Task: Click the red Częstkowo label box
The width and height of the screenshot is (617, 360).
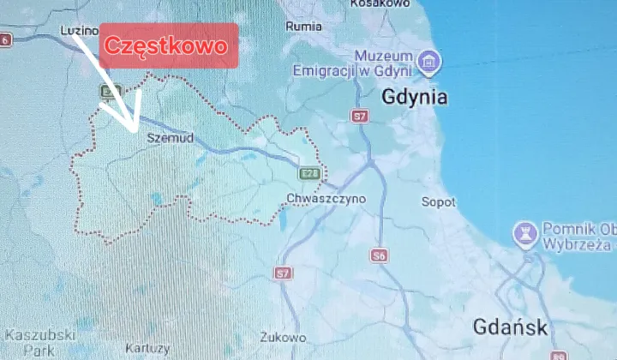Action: tap(168, 45)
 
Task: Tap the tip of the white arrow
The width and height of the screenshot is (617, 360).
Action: tap(135, 130)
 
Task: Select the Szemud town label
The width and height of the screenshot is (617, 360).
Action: tap(171, 137)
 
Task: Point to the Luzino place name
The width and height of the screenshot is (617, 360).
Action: tap(80, 30)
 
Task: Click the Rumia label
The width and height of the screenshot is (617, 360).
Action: tap(305, 26)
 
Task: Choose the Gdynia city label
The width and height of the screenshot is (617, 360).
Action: tap(415, 97)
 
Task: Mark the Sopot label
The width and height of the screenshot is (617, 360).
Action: tap(439, 202)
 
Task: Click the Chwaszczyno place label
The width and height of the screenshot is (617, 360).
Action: tap(327, 198)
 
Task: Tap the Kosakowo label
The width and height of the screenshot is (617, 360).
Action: tap(378, 4)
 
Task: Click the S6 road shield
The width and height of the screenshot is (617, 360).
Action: tap(380, 255)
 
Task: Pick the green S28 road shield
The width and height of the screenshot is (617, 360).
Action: tap(309, 174)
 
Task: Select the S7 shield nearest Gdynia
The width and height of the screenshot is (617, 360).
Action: tap(361, 115)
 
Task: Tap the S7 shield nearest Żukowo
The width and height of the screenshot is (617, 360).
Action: tap(283, 273)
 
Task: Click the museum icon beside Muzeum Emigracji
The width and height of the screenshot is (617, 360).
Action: tap(430, 60)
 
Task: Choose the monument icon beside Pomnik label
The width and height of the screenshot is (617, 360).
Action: tap(524, 232)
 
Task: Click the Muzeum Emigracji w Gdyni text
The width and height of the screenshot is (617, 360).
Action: tap(352, 62)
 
